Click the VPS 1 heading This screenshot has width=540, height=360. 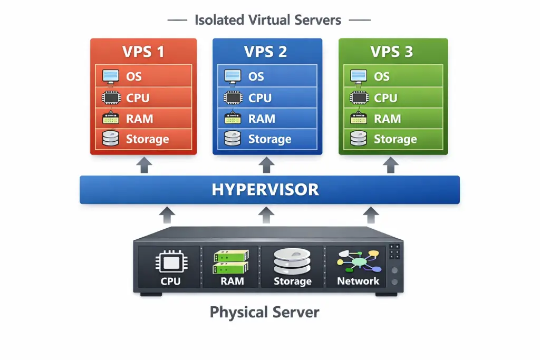tap(143, 52)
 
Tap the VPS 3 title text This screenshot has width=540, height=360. tap(392, 52)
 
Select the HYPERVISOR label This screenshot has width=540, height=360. tap(265, 190)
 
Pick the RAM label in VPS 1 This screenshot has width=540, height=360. tap(139, 119)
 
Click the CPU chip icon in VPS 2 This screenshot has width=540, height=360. tap(233, 98)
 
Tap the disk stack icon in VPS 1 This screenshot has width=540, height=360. tap(110, 139)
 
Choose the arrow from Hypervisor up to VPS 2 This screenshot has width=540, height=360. tap(267, 165)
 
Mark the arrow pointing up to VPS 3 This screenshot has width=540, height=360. tap(391, 165)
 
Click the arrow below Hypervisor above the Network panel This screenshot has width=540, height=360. tap(371, 215)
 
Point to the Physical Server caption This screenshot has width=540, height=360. tap(264, 312)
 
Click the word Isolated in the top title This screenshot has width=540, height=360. tap(218, 21)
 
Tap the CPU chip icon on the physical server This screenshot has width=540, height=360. tap(170, 262)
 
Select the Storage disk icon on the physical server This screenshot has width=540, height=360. tap(292, 261)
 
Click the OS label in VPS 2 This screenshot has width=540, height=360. tap(256, 76)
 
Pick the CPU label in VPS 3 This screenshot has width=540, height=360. tap(385, 98)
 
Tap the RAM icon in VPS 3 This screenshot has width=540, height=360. tap(359, 119)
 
